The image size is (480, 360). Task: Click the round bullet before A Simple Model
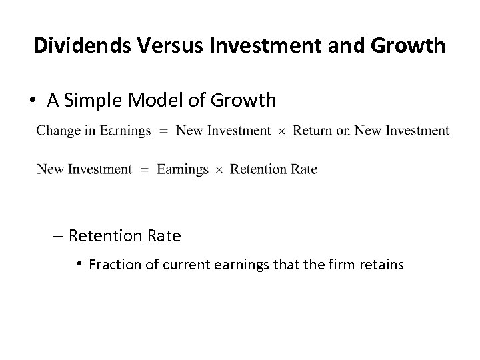[33, 100]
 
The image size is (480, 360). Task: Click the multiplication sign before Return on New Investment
[281, 131]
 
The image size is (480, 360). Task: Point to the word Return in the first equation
[311, 131]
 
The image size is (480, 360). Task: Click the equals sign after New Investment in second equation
[145, 170]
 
